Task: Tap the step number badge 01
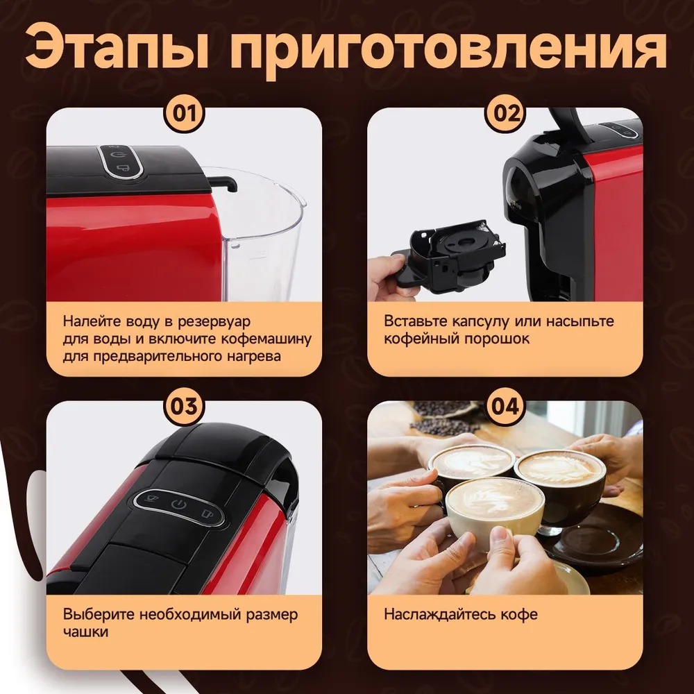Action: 184,112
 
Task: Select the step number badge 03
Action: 184,406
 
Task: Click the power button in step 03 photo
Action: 178,504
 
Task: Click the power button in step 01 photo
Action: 117,155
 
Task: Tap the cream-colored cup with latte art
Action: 495,509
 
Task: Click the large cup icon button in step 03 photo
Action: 207,514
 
